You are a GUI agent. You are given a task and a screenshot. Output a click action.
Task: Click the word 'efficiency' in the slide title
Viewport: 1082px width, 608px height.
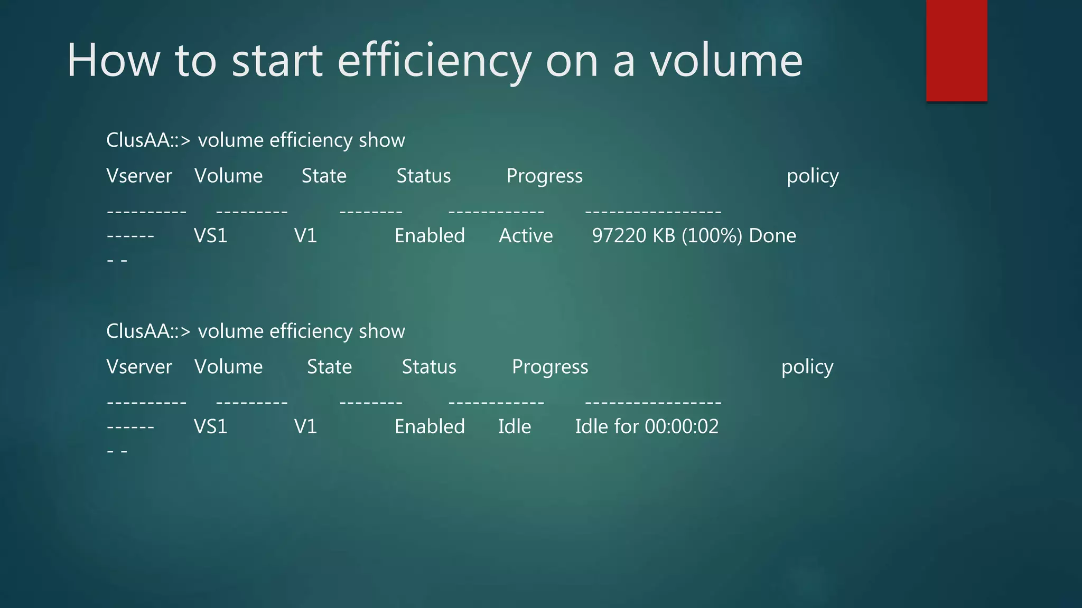tap(434, 61)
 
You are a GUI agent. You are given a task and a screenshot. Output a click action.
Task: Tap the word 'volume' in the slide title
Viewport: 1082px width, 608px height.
tap(726, 61)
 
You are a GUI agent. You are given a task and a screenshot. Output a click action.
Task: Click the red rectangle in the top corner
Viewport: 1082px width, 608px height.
tap(956, 50)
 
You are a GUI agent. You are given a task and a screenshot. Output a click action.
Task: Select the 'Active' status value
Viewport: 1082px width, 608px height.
tap(526, 235)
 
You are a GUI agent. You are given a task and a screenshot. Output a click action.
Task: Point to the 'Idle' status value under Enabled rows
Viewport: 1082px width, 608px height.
tap(515, 426)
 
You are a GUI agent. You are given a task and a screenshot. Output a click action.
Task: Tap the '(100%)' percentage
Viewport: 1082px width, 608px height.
tap(712, 235)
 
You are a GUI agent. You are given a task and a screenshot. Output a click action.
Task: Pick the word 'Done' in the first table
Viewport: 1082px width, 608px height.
tap(772, 235)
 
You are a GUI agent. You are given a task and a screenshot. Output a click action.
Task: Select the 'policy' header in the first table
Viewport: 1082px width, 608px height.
tap(812, 176)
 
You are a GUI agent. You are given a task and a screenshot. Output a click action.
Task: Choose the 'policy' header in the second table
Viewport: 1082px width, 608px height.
tap(807, 367)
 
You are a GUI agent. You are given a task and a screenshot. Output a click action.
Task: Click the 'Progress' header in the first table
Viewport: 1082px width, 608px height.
tap(544, 176)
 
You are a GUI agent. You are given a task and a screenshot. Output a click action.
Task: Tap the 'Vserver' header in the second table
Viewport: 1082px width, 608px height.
tap(139, 367)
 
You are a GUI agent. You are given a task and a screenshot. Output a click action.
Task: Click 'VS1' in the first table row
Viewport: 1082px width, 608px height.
tap(210, 235)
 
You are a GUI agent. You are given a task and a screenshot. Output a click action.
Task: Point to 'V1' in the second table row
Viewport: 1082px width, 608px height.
tap(305, 426)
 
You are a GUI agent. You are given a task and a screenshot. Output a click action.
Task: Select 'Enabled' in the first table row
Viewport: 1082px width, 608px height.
tap(430, 235)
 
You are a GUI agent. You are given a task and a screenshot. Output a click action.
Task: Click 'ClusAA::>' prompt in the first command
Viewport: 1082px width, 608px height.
tap(148, 140)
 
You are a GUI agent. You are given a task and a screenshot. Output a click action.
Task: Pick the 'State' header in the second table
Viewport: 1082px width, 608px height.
tap(329, 367)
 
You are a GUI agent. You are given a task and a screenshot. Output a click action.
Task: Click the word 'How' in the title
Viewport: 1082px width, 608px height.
tap(113, 61)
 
